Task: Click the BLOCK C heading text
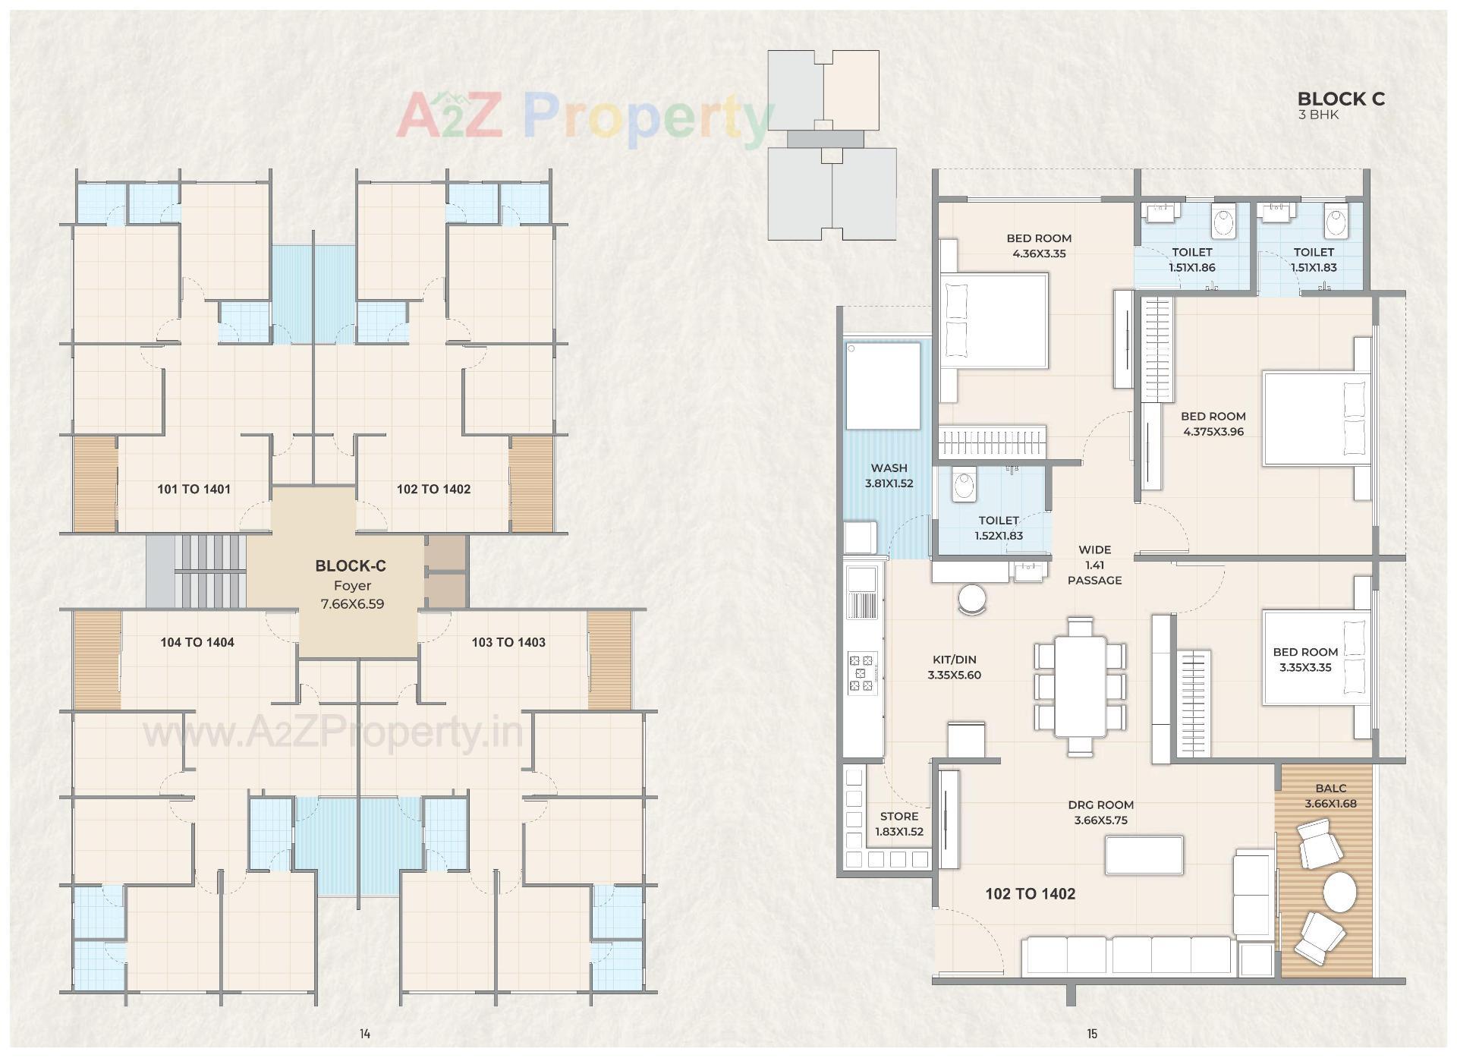coord(1340,99)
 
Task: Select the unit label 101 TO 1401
coord(194,490)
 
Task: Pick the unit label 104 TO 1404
coord(197,643)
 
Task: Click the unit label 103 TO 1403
coord(508,643)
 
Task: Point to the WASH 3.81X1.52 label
coord(889,476)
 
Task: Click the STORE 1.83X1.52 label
coord(899,824)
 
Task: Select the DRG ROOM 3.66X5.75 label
coord(1100,813)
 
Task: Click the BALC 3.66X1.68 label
coord(1330,796)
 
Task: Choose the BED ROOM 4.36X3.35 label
coord(1039,246)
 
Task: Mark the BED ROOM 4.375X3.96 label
coord(1213,424)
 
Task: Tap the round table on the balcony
coord(1339,893)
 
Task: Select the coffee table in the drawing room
coord(1144,855)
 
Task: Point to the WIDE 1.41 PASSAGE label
coord(1094,565)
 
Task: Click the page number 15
coord(1092,1034)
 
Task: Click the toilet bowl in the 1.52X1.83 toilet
coord(965,485)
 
